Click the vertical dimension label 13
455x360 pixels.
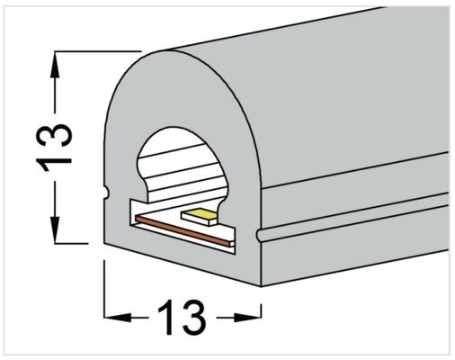pyautogui.click(x=54, y=148)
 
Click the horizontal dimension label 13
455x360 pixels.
pyautogui.click(x=182, y=317)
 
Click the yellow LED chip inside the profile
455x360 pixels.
pyautogui.click(x=200, y=214)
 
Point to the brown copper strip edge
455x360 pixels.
pyautogui.click(x=183, y=230)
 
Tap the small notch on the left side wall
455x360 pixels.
pyautogui.click(x=105, y=193)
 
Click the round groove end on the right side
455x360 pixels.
pyautogui.click(x=260, y=235)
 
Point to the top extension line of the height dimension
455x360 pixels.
pyautogui.click(x=98, y=51)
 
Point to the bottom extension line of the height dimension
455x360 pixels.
pyautogui.click(x=71, y=243)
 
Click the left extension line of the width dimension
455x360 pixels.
pyautogui.click(x=104, y=289)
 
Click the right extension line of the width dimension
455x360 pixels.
pyautogui.click(x=262, y=311)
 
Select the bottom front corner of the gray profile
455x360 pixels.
pyautogui.click(x=261, y=286)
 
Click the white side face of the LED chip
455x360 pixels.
pyautogui.click(x=199, y=220)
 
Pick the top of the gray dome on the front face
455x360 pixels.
pyautogui.click(x=168, y=51)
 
